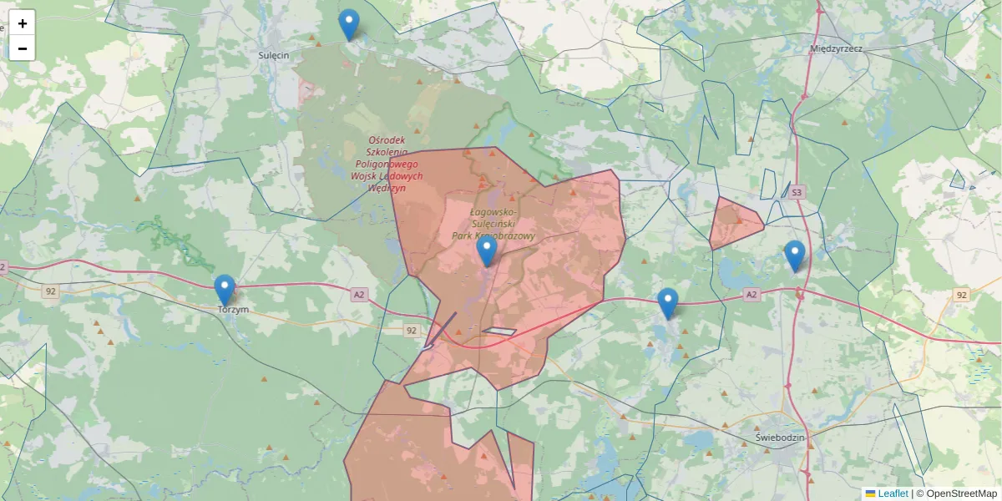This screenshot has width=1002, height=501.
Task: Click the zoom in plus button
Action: pyautogui.click(x=23, y=23)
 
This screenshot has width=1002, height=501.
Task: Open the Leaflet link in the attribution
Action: pyautogui.click(x=893, y=493)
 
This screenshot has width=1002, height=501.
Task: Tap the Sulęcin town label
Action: pyautogui.click(x=274, y=54)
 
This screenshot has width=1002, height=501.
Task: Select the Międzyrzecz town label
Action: pyautogui.click(x=836, y=48)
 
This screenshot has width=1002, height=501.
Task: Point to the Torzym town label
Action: pyautogui.click(x=233, y=310)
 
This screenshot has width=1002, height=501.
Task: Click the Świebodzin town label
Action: pyautogui.click(x=779, y=438)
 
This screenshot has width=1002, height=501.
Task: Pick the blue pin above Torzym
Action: pyautogui.click(x=225, y=290)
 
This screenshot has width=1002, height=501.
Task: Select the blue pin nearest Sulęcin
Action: pyautogui.click(x=349, y=24)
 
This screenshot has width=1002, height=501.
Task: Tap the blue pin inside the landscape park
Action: pyautogui.click(x=486, y=250)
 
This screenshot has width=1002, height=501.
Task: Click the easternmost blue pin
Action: pyautogui.click(x=794, y=256)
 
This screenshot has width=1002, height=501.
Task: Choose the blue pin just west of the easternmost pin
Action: pyautogui.click(x=667, y=303)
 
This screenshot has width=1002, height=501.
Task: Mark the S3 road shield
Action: pyautogui.click(x=797, y=193)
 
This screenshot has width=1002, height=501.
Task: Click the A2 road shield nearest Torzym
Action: pyautogui.click(x=359, y=294)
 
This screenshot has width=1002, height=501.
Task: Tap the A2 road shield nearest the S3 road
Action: pyautogui.click(x=751, y=294)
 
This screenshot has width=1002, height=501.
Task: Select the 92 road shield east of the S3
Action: pyautogui.click(x=961, y=295)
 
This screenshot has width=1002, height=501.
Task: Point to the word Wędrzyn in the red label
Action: pyautogui.click(x=387, y=189)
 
